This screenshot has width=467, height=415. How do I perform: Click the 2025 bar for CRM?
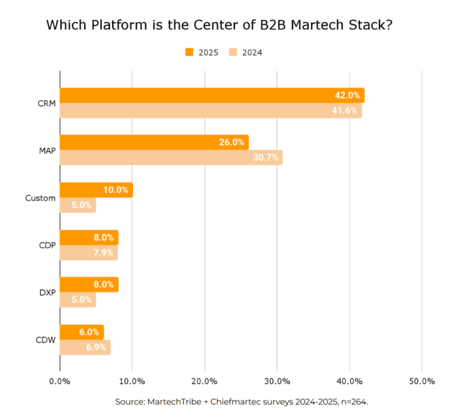coord(212,95)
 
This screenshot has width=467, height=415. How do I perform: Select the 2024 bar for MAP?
coord(171,157)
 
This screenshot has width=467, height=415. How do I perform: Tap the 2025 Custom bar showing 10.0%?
coord(96,190)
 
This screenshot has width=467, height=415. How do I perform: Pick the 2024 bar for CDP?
coord(88,253)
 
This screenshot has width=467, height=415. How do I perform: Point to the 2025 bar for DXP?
coord(88,284)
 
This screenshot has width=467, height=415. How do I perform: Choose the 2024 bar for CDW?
coord(85,348)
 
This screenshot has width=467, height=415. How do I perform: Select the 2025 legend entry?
coord(202,52)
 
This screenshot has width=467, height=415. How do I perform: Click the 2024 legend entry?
coord(246,52)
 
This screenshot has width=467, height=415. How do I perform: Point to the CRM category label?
coord(46,103)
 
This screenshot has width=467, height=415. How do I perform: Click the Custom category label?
coord(40,198)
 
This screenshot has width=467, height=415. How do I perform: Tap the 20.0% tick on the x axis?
coord(205,381)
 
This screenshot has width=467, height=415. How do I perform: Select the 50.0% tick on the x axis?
coord(422,381)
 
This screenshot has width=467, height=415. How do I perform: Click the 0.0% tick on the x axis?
coord(60,381)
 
